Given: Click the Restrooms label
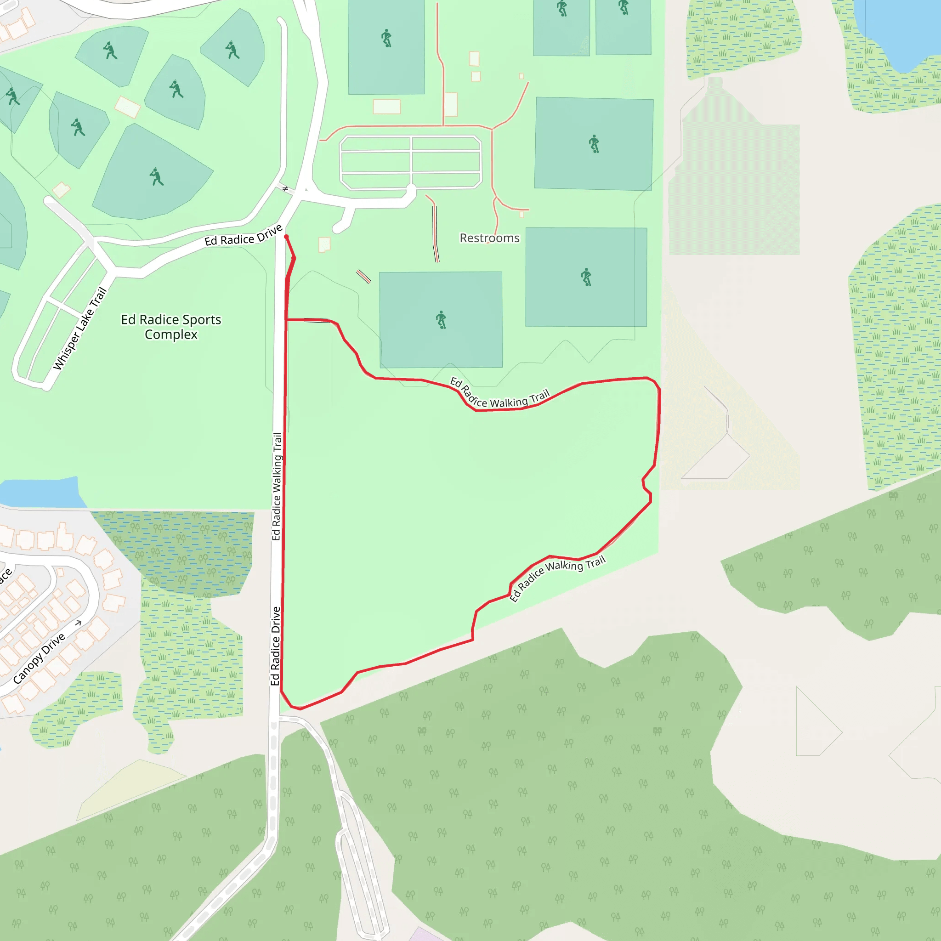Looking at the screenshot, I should coord(489,238).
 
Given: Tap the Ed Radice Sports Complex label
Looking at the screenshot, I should coord(171,327).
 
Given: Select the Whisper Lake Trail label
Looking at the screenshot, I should coord(80,329).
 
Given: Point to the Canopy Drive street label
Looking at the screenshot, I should coord(39,658).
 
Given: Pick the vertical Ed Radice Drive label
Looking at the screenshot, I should coord(276,646).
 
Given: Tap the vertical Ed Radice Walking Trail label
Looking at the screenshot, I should coord(277,486).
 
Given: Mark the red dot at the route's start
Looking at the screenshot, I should coord(286,237).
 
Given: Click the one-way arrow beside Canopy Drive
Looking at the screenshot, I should coord(78,623).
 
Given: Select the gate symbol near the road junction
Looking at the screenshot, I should coord(286,188).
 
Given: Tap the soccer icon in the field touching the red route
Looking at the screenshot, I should coord(441,320).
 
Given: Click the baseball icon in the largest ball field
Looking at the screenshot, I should coord(156,177).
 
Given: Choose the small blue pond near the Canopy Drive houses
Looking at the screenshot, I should coord(41,493).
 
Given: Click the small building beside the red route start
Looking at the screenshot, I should coord(324,244).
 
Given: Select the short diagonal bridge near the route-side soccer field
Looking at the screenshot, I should coord(363,276).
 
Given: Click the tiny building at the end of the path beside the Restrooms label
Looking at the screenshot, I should coord(522,214).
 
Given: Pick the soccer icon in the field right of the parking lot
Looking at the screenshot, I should coord(594,144).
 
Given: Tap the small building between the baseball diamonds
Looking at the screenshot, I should coord(127,107).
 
